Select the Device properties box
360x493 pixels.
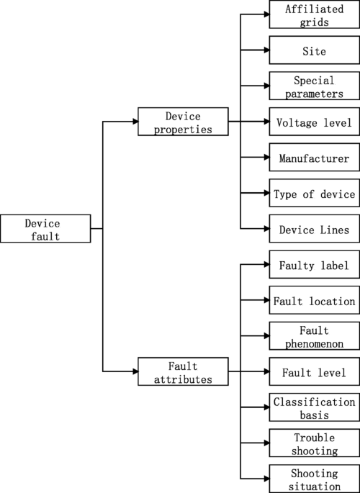(182, 122)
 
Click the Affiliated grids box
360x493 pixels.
(314, 16)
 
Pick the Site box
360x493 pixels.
(314, 51)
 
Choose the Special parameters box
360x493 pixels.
(314, 86)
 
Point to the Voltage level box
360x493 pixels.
(314, 122)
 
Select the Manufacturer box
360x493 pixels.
(314, 158)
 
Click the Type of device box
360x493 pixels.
(314, 194)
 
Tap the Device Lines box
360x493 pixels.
(314, 229)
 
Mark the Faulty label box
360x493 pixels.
(314, 265)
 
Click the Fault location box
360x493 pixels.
(314, 300)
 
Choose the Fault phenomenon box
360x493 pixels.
(314, 336)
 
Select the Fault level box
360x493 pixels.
(314, 371)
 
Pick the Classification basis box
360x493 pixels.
(314, 407)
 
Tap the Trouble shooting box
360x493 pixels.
(314, 443)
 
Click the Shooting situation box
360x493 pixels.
(314, 479)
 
